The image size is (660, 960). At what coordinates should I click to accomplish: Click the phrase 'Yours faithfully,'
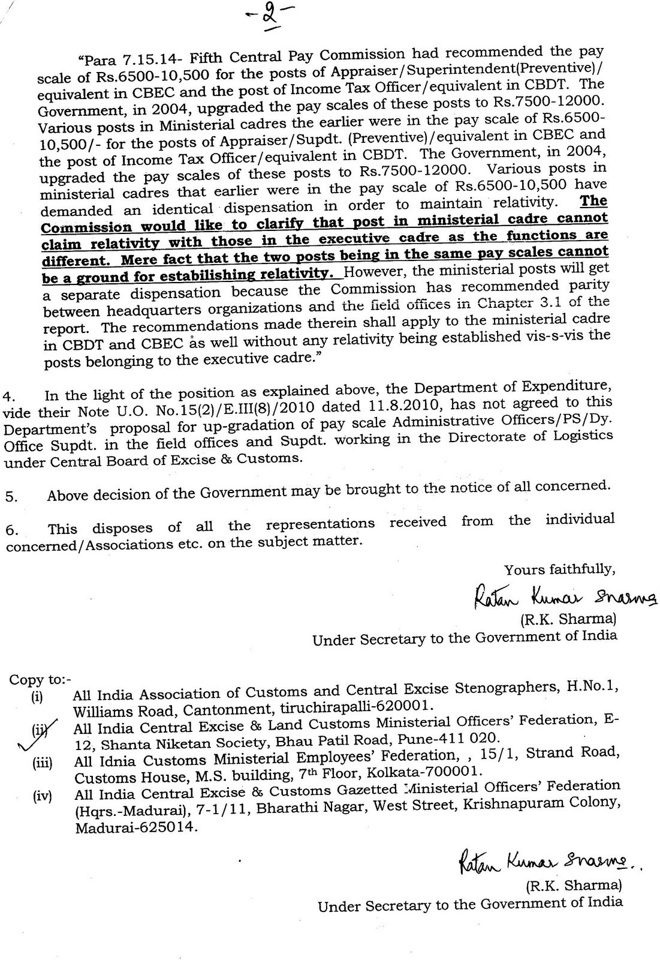(x=559, y=569)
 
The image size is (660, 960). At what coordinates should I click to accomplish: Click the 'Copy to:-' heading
(x=40, y=680)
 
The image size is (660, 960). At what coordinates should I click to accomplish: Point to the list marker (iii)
(x=42, y=764)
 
